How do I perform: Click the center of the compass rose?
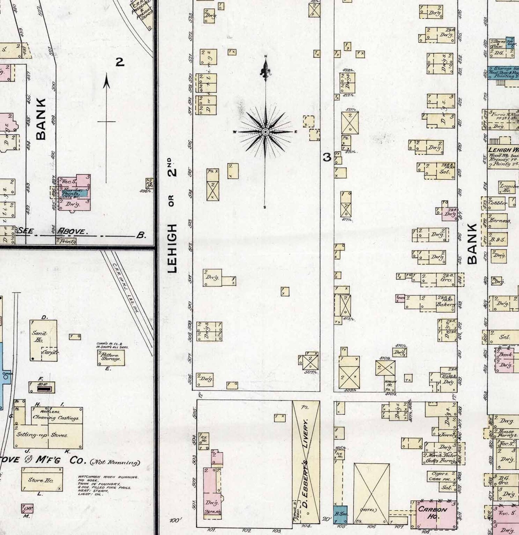pos(265,132)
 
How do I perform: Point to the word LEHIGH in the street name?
pos(172,248)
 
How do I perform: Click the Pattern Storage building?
pos(111,357)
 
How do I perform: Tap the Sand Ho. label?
pos(39,336)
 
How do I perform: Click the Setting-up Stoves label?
pos(42,435)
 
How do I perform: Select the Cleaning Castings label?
pos(56,418)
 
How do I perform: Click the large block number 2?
pos(120,62)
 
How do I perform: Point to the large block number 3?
pos(327,158)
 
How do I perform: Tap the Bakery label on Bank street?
pos(445,305)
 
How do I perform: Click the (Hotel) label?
pos(369,510)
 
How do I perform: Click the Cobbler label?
pos(497,203)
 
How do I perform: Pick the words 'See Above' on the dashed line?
pos(52,231)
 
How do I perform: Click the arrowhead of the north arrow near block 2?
pos(106,82)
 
